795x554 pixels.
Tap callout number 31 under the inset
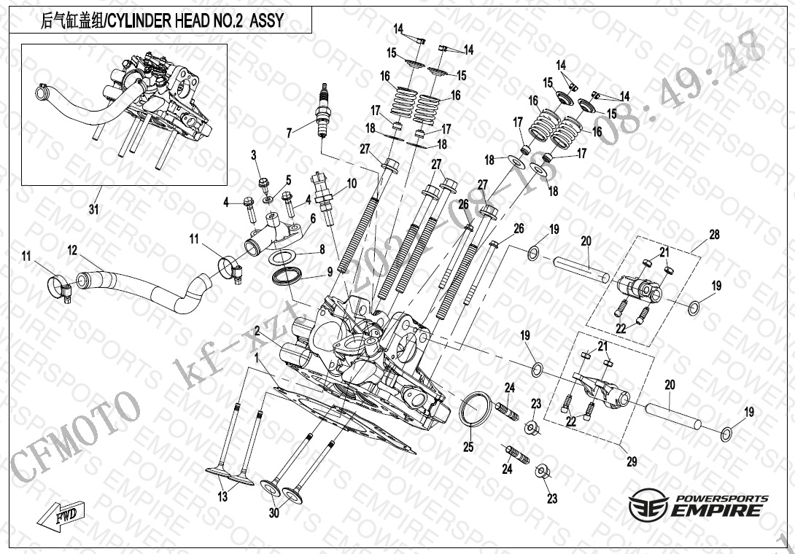coord(93,210)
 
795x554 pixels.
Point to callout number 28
coord(714,235)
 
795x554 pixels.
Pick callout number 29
coord(632,461)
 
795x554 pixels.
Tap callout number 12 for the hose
coord(72,250)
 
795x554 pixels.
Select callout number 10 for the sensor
coord(352,184)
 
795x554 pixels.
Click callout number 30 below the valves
coord(274,513)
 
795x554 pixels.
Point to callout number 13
coord(222,497)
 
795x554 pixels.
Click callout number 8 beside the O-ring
coord(322,249)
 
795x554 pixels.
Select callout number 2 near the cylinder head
coord(257,331)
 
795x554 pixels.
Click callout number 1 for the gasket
coord(256,357)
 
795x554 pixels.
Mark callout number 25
coord(468,447)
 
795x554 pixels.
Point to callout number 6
coord(313,218)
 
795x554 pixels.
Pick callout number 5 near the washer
coord(288,180)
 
